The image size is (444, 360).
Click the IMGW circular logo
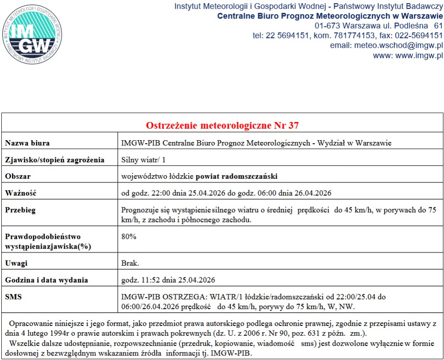(x=31, y=34)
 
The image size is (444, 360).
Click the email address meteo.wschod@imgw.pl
(x=386, y=46)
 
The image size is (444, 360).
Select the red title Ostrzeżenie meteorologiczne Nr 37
(x=222, y=125)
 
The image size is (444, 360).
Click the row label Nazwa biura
(x=27, y=143)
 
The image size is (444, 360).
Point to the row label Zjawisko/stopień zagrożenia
(x=54, y=160)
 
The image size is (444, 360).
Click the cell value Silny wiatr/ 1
(x=143, y=160)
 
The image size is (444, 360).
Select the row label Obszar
(x=18, y=176)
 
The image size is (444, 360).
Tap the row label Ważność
(x=21, y=193)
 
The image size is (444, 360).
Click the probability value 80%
(x=129, y=237)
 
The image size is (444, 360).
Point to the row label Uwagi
(x=16, y=263)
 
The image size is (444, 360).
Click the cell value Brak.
(x=131, y=263)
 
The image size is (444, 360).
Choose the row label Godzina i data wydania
(x=46, y=280)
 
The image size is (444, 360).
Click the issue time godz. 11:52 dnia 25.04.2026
(x=168, y=280)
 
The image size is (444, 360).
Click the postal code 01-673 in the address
(x=328, y=25)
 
